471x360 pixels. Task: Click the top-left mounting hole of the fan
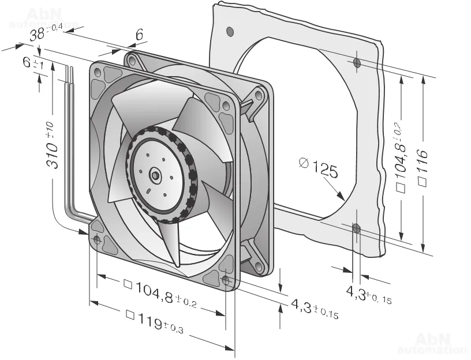(x=97, y=73)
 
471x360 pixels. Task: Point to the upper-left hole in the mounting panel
(x=230, y=30)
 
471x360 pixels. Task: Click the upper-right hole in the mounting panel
(x=357, y=62)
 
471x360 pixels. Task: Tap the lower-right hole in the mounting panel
(x=356, y=230)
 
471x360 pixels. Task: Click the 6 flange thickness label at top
(x=139, y=36)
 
